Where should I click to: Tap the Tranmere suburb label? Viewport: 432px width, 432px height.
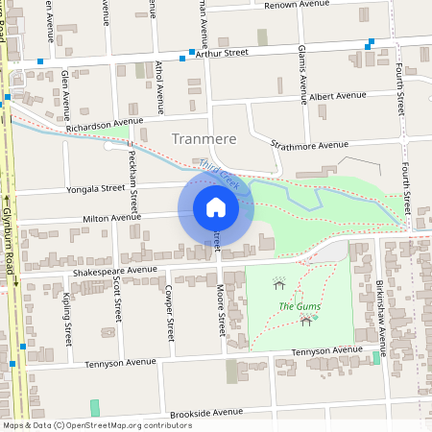(204, 139)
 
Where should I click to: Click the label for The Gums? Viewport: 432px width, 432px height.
(300, 306)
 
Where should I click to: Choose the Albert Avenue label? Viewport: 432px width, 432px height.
(338, 96)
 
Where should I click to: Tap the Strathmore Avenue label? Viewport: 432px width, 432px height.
(309, 145)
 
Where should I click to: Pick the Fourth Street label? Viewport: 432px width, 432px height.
(406, 192)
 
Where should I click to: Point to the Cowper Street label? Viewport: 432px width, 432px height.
(170, 313)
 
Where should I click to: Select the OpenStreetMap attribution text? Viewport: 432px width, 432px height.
(84, 425)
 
